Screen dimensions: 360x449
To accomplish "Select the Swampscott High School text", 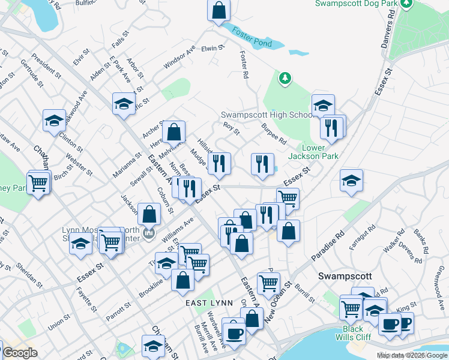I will coord(266,115).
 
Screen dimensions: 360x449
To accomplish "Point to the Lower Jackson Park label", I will coord(321,152).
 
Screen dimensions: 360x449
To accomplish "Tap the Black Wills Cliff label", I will coord(353,334).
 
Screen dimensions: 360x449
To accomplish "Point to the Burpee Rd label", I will coord(274,133).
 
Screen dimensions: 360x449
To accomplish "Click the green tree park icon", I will coord(285,78).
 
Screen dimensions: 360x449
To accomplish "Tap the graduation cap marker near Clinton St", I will coord(54,119).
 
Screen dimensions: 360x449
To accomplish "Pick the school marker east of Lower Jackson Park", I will coord(351,181).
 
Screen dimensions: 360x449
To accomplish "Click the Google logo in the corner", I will coord(20,353).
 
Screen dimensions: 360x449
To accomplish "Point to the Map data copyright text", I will coord(412,355).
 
